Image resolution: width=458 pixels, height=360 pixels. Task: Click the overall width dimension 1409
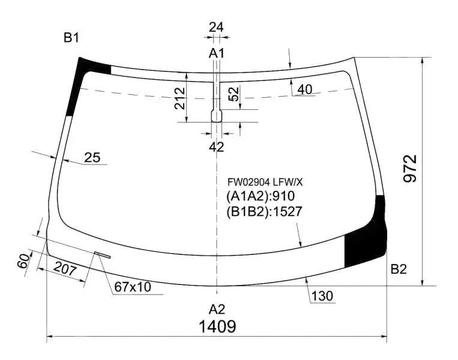click(217, 326)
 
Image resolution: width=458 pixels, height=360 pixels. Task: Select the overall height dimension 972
click(410, 169)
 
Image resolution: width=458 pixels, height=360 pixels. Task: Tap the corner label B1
click(71, 38)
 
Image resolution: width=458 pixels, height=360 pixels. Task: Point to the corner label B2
click(399, 269)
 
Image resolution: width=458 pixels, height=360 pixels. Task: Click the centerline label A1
click(217, 53)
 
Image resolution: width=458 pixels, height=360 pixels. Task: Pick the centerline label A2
click(217, 309)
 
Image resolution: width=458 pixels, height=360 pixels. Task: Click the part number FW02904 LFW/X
click(265, 182)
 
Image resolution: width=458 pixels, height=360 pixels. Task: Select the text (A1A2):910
click(261, 196)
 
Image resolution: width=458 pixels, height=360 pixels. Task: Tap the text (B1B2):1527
click(264, 212)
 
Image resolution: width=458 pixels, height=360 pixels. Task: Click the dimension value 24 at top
click(217, 27)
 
